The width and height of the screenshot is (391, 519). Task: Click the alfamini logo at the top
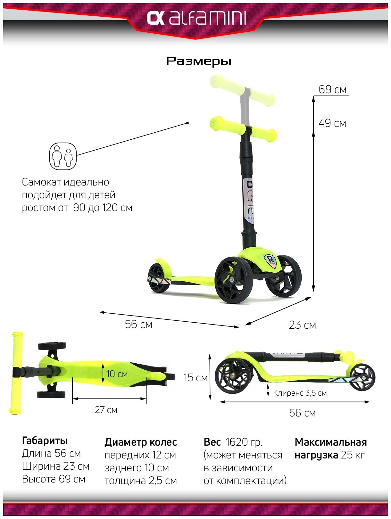(x=196, y=18)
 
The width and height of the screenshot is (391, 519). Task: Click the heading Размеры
(x=198, y=61)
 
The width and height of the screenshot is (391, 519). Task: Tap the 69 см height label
(x=332, y=90)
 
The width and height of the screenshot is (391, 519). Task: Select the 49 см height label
(x=332, y=123)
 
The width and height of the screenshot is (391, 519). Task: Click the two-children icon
(x=63, y=156)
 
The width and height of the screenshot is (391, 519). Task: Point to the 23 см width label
(x=302, y=325)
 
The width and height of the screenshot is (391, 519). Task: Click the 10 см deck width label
(x=117, y=374)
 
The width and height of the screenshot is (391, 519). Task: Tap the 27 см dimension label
(x=106, y=410)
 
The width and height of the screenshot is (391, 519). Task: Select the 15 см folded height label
(x=195, y=378)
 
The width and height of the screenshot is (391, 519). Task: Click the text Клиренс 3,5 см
(x=300, y=393)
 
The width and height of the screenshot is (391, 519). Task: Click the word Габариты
(x=45, y=441)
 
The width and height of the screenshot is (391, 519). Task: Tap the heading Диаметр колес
(x=141, y=442)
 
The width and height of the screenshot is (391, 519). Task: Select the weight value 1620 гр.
(x=244, y=442)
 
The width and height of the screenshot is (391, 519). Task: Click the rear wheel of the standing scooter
(x=159, y=277)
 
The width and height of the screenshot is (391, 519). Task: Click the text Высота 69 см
(x=54, y=479)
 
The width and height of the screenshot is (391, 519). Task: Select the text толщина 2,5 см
(x=141, y=481)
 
